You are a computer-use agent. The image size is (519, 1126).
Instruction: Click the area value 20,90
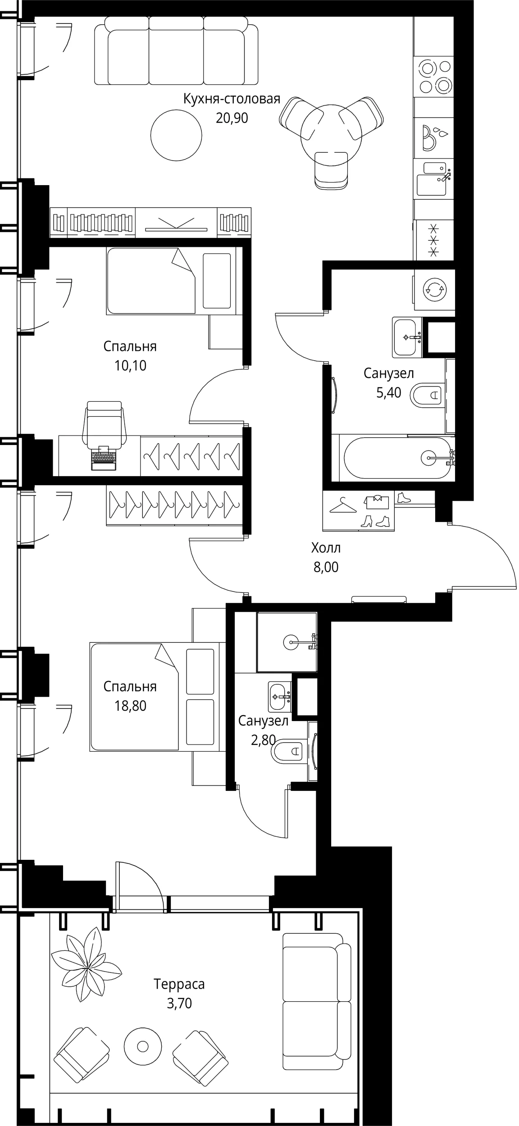(232, 118)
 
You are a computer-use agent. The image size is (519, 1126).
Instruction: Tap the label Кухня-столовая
(232, 99)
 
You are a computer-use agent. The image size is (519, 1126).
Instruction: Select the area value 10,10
(130, 366)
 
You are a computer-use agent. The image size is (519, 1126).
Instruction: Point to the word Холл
(326, 548)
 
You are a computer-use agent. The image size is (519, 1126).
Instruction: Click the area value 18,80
(130, 706)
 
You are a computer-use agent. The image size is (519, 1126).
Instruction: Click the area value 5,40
(388, 393)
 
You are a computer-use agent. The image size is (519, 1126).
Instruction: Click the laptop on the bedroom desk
(104, 458)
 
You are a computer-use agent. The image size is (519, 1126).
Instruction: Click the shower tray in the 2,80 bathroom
(287, 642)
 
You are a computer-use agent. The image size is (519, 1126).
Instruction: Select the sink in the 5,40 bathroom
(407, 337)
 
